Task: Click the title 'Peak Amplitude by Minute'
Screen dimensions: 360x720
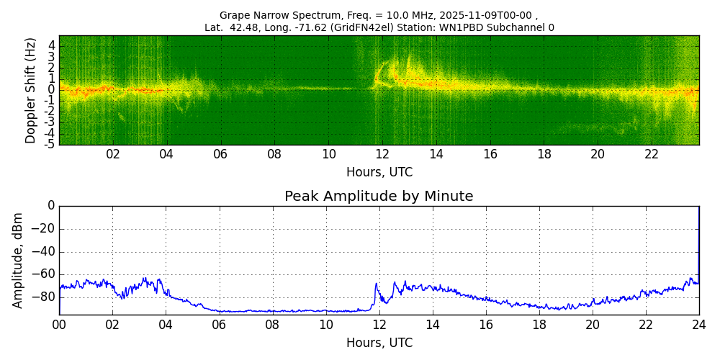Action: coord(379,197)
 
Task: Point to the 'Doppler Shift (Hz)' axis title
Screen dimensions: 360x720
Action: coord(30,90)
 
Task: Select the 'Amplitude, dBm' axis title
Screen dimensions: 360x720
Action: coord(19,260)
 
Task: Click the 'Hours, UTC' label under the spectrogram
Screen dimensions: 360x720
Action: coord(379,173)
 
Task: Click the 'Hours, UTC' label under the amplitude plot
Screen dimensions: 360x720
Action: coord(379,343)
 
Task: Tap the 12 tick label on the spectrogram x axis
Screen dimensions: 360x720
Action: coord(382,155)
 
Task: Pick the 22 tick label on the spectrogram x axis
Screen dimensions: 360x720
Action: coord(652,155)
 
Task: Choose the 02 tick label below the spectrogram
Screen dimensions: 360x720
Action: coord(113,155)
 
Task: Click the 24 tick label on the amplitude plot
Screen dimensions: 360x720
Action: coord(698,325)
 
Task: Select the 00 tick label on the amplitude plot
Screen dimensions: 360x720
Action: coord(59,325)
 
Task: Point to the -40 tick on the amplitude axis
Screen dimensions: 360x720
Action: coord(44,252)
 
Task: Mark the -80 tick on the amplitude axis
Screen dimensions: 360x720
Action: coord(44,297)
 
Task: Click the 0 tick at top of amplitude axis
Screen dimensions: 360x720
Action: coord(51,206)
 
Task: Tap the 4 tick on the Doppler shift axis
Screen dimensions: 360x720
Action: coord(51,45)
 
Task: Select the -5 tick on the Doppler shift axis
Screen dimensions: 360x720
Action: coord(49,144)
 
